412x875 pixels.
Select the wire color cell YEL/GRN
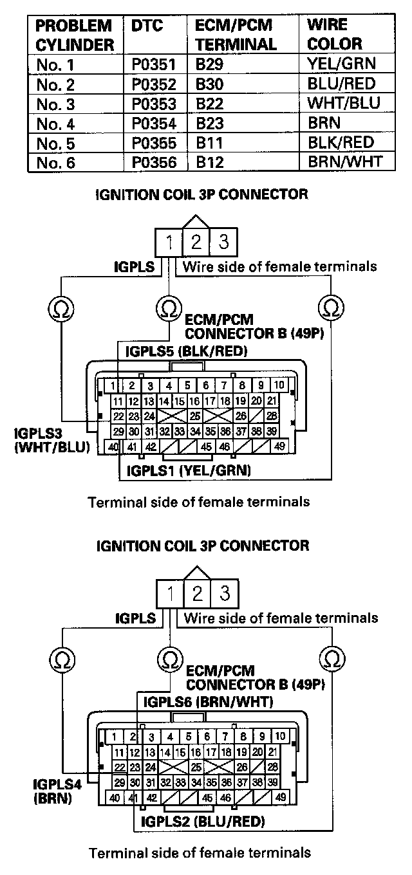(341, 63)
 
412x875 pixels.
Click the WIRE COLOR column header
(335, 35)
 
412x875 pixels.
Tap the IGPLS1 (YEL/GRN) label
(188, 471)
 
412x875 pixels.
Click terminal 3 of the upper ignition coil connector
(223, 243)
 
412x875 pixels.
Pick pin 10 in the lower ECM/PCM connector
(281, 737)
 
